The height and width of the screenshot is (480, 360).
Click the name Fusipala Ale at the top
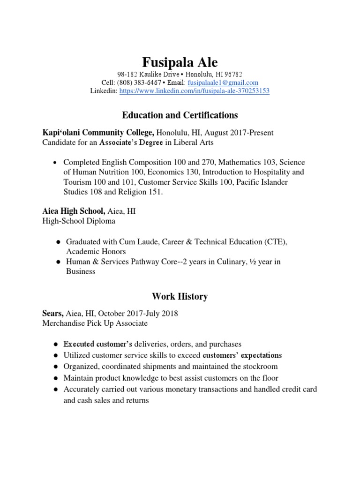(x=180, y=62)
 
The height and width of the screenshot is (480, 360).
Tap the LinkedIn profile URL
(x=195, y=91)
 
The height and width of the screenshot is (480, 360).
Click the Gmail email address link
(x=223, y=82)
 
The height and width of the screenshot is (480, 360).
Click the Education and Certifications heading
(x=180, y=115)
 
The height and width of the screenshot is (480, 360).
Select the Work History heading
(x=180, y=296)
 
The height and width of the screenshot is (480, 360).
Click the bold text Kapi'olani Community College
(x=98, y=133)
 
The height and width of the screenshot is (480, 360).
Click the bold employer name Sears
(x=52, y=314)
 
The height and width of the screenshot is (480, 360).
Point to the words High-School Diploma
(x=79, y=221)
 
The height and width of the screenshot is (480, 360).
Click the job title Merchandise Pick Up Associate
(x=95, y=323)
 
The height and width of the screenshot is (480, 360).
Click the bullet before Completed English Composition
(x=56, y=162)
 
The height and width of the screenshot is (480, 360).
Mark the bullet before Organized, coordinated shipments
(x=56, y=366)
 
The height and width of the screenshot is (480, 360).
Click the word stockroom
(x=260, y=366)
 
